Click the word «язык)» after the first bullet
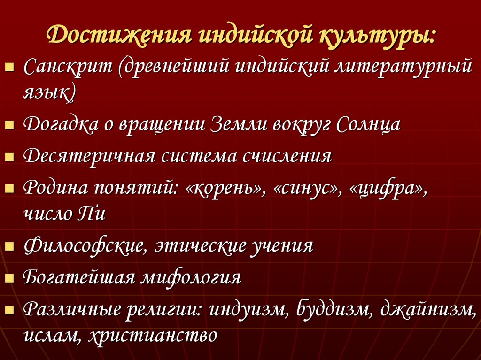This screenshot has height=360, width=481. [49, 92]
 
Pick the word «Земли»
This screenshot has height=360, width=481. [238, 124]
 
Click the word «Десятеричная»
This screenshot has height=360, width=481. [89, 155]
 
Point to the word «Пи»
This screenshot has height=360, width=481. [91, 214]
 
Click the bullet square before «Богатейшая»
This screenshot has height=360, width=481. [8, 279]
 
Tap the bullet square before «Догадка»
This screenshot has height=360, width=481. [8, 126]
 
